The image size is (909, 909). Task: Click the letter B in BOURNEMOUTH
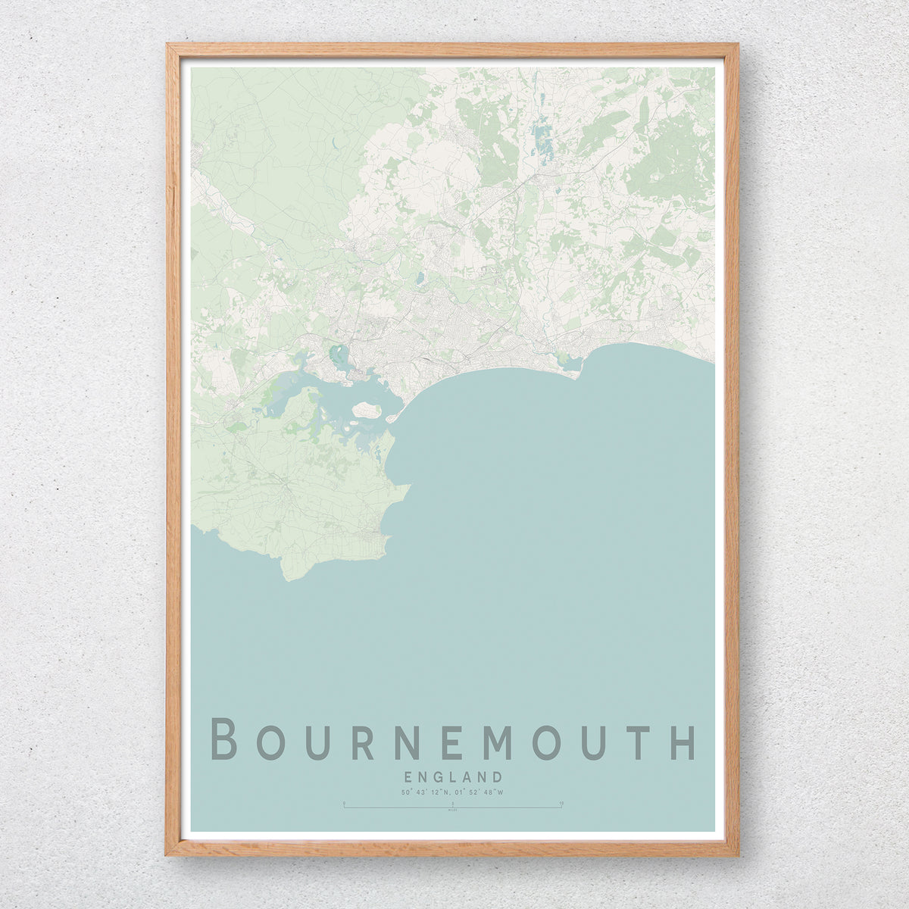[x=224, y=740]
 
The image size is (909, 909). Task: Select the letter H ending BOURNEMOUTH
[x=683, y=740]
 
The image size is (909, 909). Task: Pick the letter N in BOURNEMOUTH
[x=406, y=740]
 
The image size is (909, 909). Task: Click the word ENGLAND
[x=453, y=776]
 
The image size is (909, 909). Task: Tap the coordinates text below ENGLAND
[x=453, y=792]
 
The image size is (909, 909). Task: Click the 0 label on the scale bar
[x=344, y=801]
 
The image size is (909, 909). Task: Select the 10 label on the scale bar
[x=561, y=801]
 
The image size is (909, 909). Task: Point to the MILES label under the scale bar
[x=453, y=811]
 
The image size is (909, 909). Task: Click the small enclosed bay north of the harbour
[x=336, y=353]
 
